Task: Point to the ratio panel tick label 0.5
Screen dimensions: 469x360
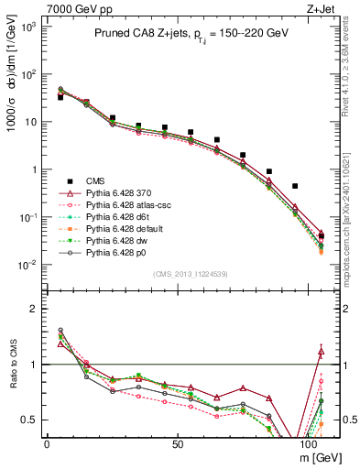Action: click(x=29, y=420)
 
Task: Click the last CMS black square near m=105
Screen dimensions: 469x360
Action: click(x=321, y=236)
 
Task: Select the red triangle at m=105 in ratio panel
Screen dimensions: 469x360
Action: click(x=321, y=349)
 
